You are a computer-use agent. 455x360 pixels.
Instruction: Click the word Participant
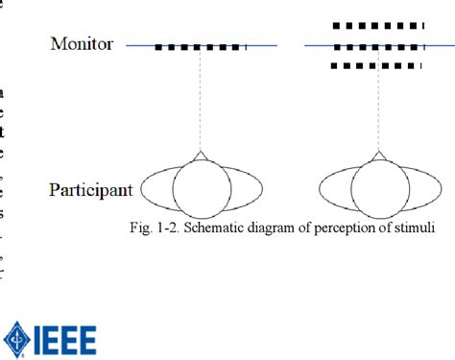[90, 190]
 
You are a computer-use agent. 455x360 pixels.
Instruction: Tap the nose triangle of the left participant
[200, 156]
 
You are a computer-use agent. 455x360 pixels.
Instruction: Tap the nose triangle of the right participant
[378, 156]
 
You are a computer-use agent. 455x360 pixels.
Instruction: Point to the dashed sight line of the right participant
[378, 110]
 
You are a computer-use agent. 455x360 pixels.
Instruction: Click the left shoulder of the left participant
[154, 189]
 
